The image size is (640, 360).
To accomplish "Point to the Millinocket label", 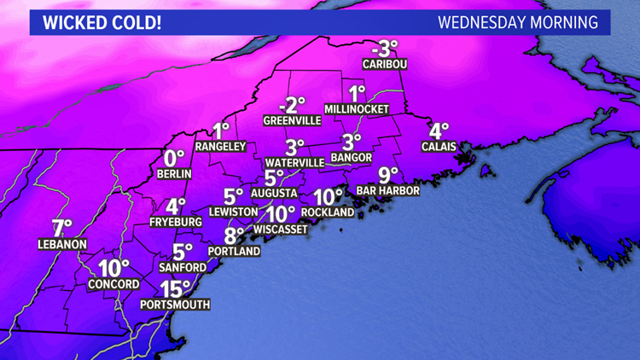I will tap(357, 109).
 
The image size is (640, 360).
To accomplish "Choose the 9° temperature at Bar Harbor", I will tap(388, 175).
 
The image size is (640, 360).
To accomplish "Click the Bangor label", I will tap(352, 158).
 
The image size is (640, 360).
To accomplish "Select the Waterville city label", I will tap(294, 161).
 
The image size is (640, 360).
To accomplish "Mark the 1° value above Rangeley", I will tap(222, 131).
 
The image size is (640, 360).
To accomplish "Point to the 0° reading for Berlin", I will tap(174, 158).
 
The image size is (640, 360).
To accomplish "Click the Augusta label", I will tap(274, 193).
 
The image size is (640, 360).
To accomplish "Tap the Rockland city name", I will tap(328, 212).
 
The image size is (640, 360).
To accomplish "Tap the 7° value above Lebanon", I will tap(61, 229).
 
